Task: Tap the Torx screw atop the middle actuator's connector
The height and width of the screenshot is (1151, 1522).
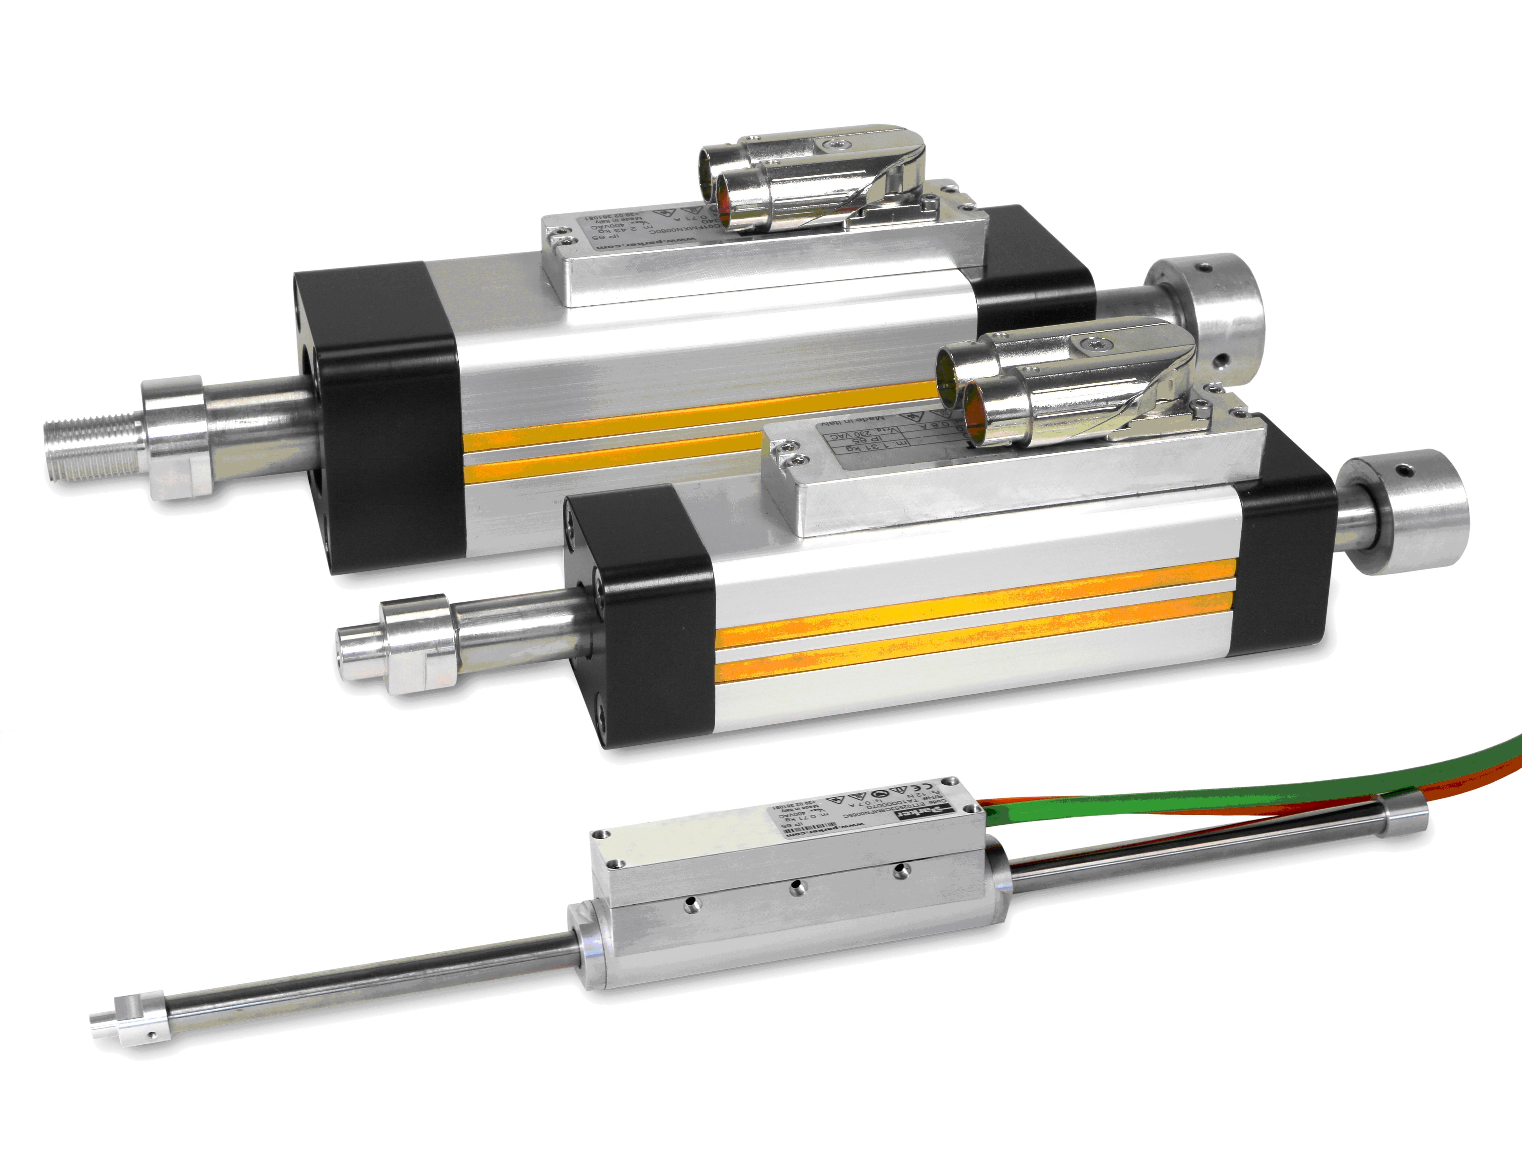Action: point(1094,342)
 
